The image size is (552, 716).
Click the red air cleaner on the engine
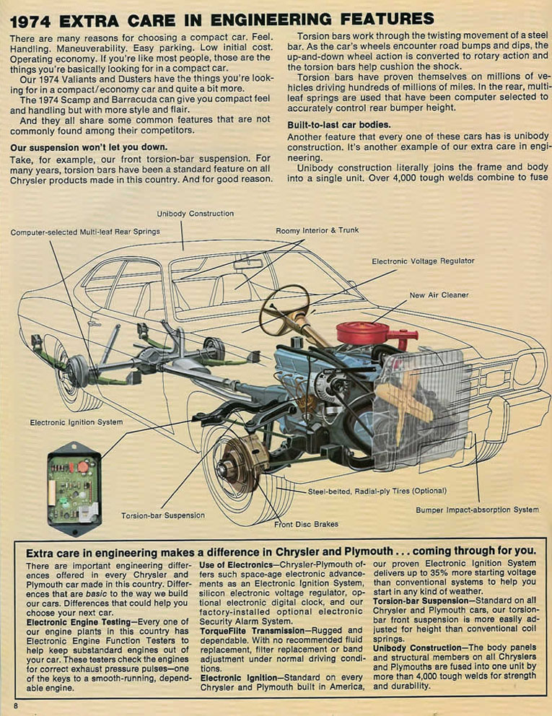tap(362, 333)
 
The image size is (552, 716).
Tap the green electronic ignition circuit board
tap(74, 488)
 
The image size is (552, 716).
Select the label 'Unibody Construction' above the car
tap(196, 214)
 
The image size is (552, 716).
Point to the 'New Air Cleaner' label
tap(439, 295)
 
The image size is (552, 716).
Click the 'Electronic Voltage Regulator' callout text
tap(423, 261)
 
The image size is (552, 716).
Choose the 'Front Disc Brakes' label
tap(306, 524)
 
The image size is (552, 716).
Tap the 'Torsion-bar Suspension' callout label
tap(163, 515)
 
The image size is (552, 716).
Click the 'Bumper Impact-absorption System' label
tap(477, 510)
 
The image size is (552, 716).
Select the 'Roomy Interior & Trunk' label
tap(317, 230)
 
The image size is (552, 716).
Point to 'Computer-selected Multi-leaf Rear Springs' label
tap(85, 232)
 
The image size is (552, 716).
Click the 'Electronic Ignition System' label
tap(76, 422)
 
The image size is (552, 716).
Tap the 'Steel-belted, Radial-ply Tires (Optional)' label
tap(377, 492)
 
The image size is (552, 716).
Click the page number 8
tap(16, 706)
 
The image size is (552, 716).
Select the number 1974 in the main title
tap(30, 22)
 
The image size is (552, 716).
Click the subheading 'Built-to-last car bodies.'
tap(339, 125)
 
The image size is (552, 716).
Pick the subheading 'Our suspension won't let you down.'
tap(89, 147)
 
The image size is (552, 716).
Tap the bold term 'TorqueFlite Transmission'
tap(252, 631)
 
